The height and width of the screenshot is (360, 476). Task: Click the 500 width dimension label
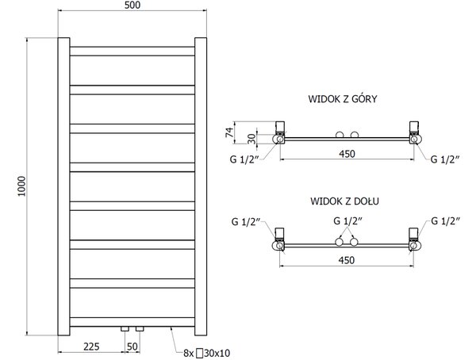click(132, 6)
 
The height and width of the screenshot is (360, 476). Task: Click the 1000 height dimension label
click(21, 186)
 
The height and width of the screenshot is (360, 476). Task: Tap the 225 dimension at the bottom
click(91, 347)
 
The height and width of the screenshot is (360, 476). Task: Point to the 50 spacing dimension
click(132, 347)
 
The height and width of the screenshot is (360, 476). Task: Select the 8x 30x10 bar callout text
click(207, 353)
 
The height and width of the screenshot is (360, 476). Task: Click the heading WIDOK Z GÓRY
click(343, 99)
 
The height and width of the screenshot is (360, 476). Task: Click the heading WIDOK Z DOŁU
click(344, 201)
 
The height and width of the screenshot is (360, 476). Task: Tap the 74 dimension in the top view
click(230, 132)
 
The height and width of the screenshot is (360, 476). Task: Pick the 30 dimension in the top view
click(251, 139)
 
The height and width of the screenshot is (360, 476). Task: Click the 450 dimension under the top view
click(347, 154)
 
